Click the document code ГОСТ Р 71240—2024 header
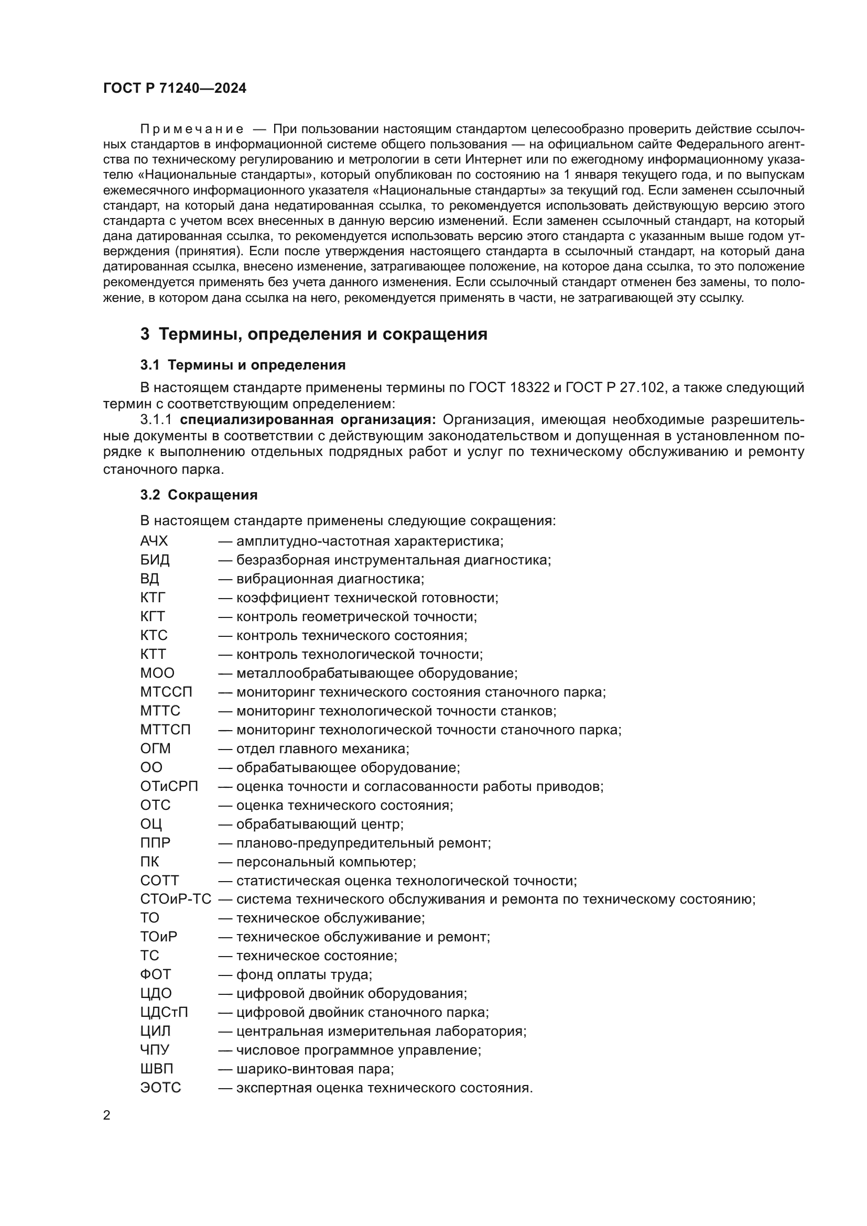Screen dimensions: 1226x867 point(175,89)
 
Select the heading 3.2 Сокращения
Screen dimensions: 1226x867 point(199,495)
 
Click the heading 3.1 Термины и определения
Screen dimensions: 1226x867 point(243,365)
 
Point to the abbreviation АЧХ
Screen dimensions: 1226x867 point(154,541)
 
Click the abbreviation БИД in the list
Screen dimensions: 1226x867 point(155,560)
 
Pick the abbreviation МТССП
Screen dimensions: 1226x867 point(166,692)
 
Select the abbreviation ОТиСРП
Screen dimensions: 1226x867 point(169,787)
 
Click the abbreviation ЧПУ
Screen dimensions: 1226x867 point(155,1050)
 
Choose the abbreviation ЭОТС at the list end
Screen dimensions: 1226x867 point(161,1088)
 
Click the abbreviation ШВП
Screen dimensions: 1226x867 point(156,1069)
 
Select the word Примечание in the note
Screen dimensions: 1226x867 point(192,129)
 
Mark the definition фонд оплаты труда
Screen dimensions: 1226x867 point(303,975)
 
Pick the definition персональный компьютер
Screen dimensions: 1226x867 point(325,862)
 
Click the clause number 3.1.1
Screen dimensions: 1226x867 point(155,420)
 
